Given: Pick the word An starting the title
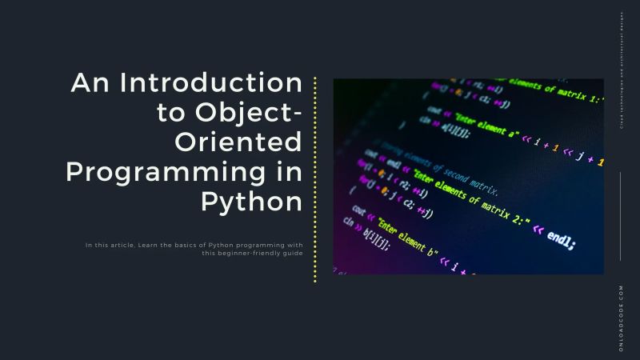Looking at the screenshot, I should [86, 84].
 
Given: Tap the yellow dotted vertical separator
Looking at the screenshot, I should [315, 179].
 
